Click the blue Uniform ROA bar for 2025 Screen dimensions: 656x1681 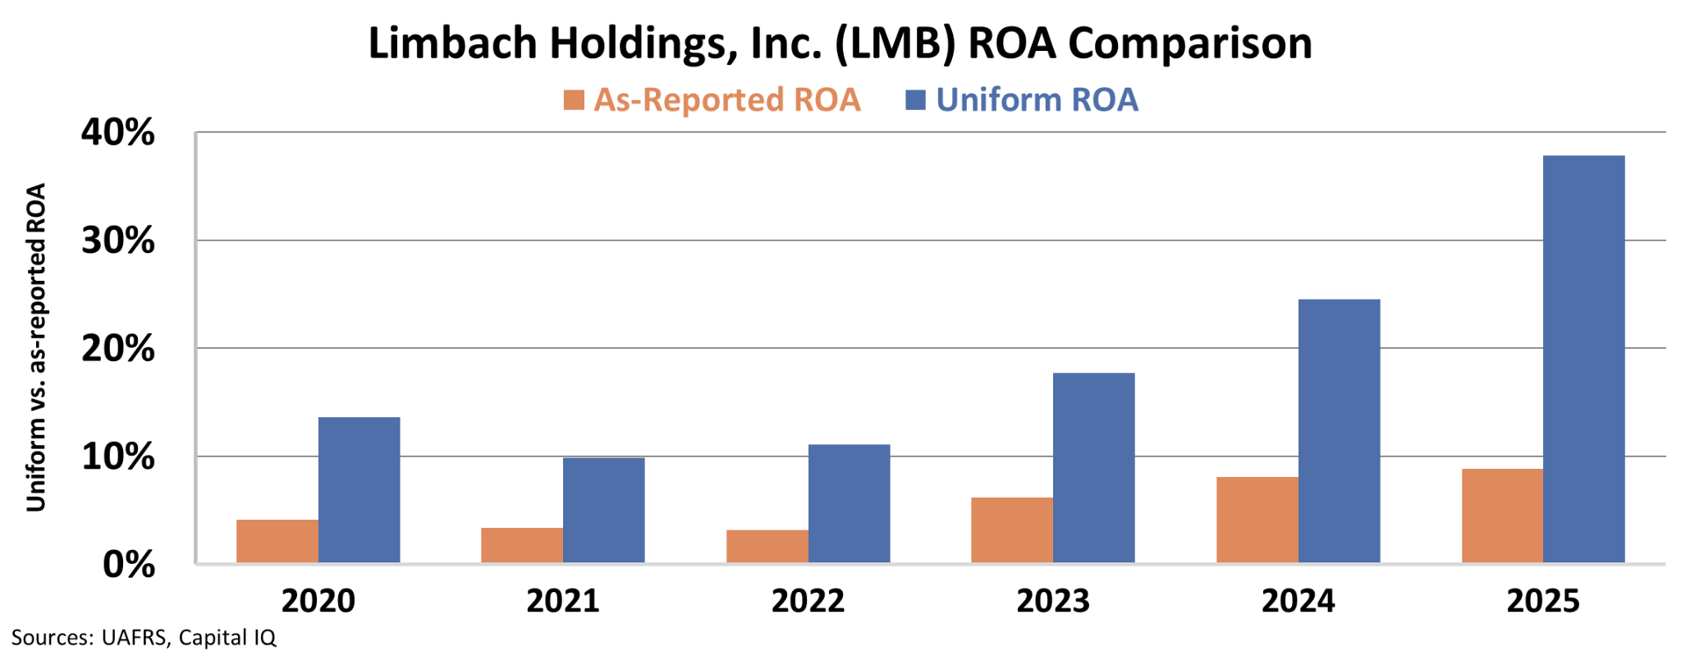point(1583,359)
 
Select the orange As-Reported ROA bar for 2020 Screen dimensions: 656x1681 point(277,541)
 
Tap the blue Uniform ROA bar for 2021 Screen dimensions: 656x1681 point(603,510)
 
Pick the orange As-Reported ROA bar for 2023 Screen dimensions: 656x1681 point(1012,530)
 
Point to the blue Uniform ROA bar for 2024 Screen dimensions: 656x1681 point(1339,431)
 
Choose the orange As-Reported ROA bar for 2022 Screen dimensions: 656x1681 point(767,546)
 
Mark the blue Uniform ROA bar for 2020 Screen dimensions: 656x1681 point(359,490)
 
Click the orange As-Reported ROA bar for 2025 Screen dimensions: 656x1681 point(1502,516)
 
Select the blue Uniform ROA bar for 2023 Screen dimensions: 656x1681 point(1093,468)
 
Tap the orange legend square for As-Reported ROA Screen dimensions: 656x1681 point(574,100)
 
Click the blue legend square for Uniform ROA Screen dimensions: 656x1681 point(915,100)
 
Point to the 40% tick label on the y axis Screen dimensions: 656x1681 point(118,132)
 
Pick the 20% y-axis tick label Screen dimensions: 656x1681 point(118,349)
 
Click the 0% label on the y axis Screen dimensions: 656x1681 point(129,565)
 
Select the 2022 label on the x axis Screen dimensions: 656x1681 point(808,601)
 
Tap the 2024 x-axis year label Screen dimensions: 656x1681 point(1298,601)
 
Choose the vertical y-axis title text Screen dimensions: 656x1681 point(36,347)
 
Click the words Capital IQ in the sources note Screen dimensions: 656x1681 point(227,638)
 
